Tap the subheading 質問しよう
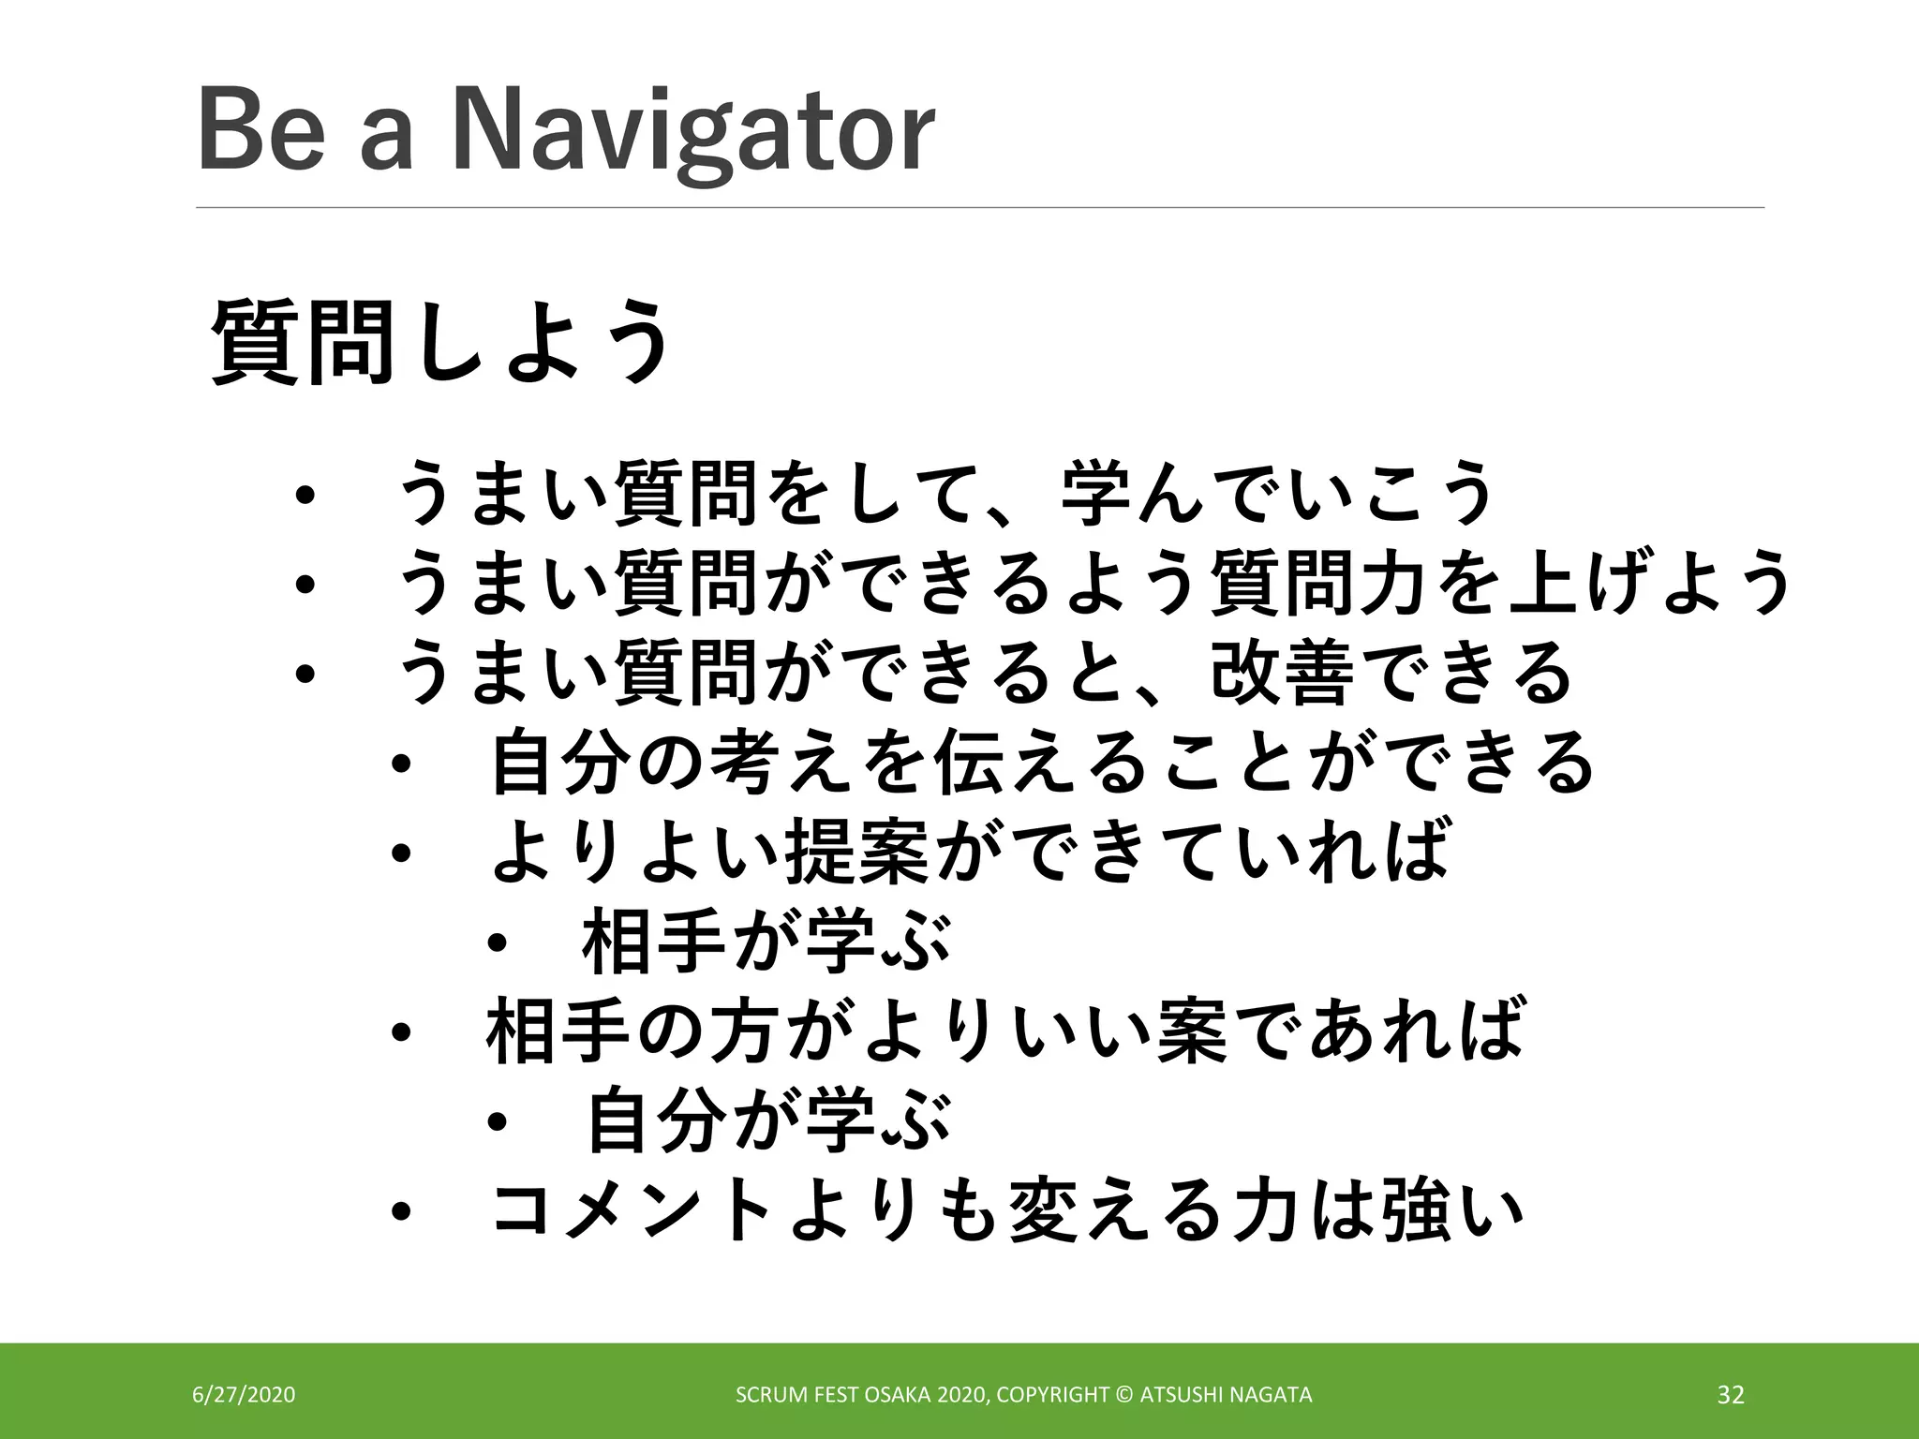pyautogui.click(x=440, y=342)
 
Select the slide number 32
pyautogui.click(x=1731, y=1395)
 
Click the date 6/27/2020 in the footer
pyautogui.click(x=244, y=1395)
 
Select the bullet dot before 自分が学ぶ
pyautogui.click(x=497, y=1122)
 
